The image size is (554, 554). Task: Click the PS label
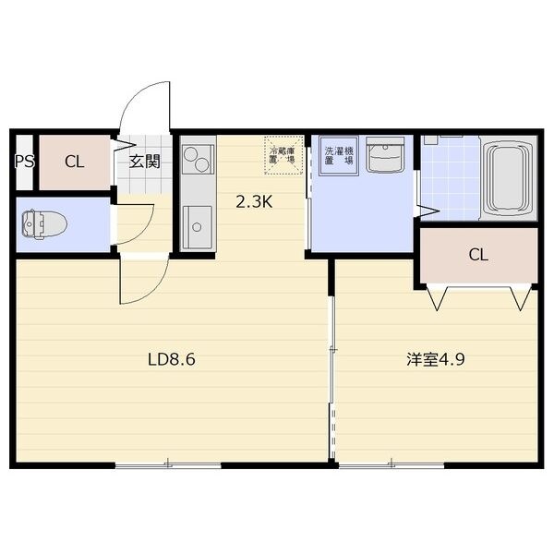pyautogui.click(x=24, y=162)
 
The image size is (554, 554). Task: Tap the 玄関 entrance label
pyautogui.click(x=145, y=162)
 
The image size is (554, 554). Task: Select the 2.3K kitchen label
pyautogui.click(x=254, y=202)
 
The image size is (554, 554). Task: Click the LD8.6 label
pyautogui.click(x=172, y=359)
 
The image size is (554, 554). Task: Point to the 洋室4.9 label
pyautogui.click(x=435, y=359)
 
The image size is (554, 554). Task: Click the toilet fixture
pyautogui.click(x=44, y=224)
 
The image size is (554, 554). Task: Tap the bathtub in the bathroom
pyautogui.click(x=509, y=179)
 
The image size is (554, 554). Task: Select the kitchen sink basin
pyautogui.click(x=198, y=227)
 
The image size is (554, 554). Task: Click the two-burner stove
pyautogui.click(x=198, y=160)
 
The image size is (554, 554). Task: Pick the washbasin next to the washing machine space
pyautogui.click(x=385, y=155)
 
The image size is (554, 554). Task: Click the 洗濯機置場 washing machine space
pyautogui.click(x=339, y=155)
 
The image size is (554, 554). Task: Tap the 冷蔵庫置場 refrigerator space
pyautogui.click(x=283, y=155)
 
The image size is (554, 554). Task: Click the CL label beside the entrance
pyautogui.click(x=74, y=163)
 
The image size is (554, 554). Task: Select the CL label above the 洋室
pyautogui.click(x=478, y=255)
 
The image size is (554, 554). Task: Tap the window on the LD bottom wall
pyautogui.click(x=168, y=465)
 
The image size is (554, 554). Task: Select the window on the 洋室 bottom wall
pyautogui.click(x=391, y=465)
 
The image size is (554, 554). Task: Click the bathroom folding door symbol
pyautogui.click(x=427, y=211)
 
